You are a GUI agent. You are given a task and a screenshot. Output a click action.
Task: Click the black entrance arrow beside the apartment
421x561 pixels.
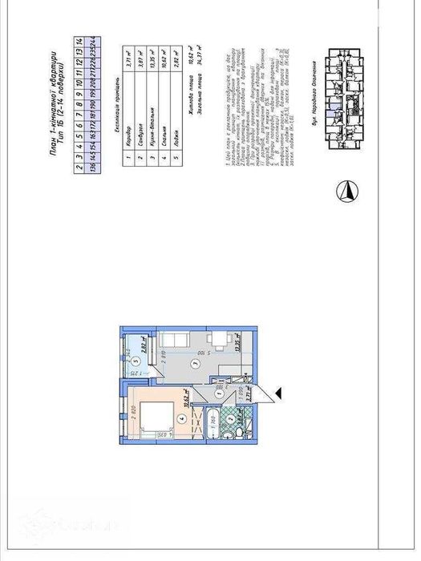(277, 391)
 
